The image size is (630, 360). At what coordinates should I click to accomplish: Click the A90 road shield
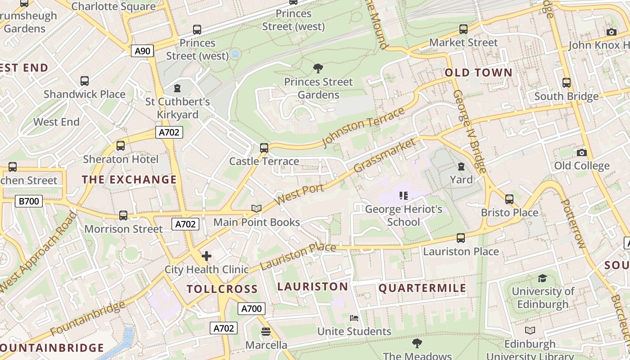[143, 51]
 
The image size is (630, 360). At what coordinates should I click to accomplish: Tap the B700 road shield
[29, 201]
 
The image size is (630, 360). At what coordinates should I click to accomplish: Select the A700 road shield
[251, 309]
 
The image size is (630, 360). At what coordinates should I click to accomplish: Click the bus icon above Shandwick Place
[85, 81]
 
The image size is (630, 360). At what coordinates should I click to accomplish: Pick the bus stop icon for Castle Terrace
[264, 148]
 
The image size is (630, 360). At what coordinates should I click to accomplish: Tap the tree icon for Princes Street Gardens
[318, 68]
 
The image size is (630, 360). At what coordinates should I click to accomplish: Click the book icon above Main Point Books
[256, 208]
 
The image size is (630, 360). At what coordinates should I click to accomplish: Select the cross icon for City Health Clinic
[207, 256]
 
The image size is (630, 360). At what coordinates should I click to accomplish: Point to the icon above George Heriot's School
[403, 195]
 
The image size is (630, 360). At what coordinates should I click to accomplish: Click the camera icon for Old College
[581, 153]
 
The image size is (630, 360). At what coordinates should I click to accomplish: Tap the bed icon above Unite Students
[354, 318]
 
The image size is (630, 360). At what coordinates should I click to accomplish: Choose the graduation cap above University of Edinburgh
[543, 278]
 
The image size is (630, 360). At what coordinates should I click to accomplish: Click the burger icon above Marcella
[266, 332]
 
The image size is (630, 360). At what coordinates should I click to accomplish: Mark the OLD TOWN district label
[478, 72]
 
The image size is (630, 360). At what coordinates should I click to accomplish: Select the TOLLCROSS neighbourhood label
[222, 289]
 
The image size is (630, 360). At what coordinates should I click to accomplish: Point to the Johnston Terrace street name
[363, 127]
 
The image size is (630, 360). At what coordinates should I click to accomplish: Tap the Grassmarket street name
[385, 155]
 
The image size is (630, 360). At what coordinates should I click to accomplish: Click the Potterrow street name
[574, 223]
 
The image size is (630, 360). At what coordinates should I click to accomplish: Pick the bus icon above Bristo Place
[509, 199]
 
